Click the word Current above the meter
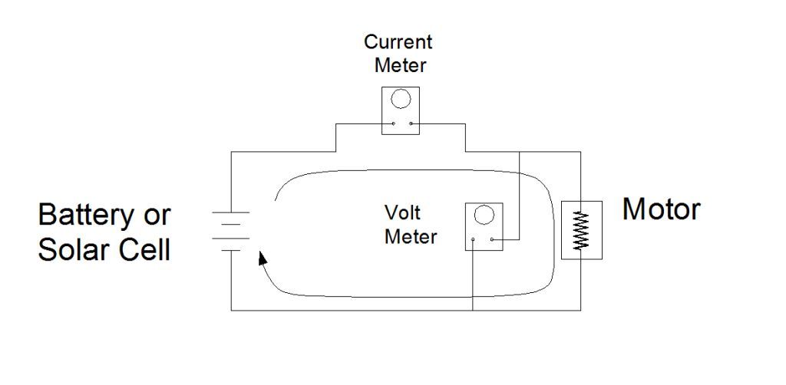pyautogui.click(x=398, y=41)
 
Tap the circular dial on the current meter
pyautogui.click(x=400, y=99)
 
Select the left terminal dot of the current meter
pyautogui.click(x=392, y=124)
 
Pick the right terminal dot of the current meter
pyautogui.click(x=411, y=124)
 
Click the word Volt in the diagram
pyautogui.click(x=401, y=212)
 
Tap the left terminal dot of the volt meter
pyautogui.click(x=474, y=240)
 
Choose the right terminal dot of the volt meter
pyautogui.click(x=492, y=240)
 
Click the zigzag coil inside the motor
pyautogui.click(x=581, y=230)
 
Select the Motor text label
pyautogui.click(x=661, y=209)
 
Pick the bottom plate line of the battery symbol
pyautogui.click(x=232, y=249)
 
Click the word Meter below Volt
pyautogui.click(x=411, y=236)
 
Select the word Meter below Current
pyautogui.click(x=400, y=64)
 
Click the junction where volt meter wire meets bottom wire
pyautogui.click(x=473, y=310)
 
